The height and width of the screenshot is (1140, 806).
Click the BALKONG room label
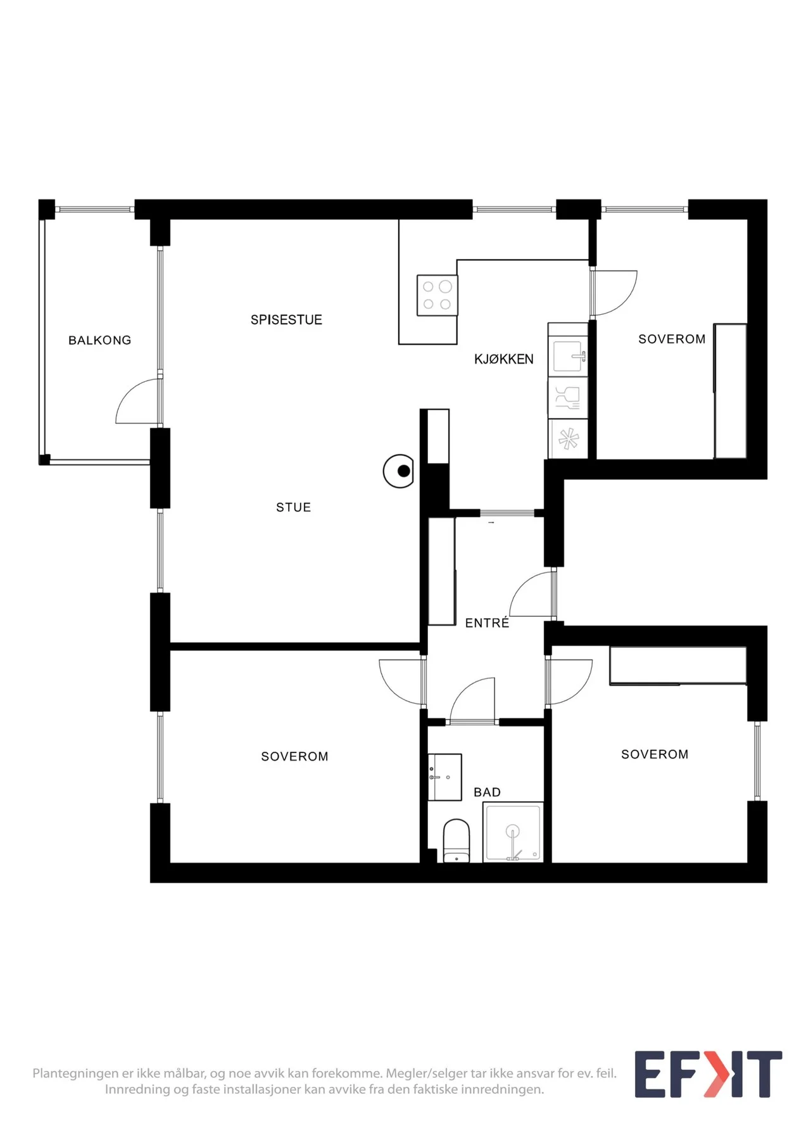point(100,340)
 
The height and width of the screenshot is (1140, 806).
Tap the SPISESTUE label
point(286,320)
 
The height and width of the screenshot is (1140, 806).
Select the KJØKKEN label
point(504,359)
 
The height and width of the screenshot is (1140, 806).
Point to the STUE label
point(294,507)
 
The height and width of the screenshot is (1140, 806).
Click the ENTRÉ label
point(487,623)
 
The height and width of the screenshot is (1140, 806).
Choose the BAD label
point(487,792)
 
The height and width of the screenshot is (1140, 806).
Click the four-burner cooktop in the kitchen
point(437,295)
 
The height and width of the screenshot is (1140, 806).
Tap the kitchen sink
point(568,356)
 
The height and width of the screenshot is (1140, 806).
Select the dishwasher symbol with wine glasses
point(568,398)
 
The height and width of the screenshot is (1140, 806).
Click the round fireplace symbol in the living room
point(399,471)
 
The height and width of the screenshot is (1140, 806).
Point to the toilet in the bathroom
point(457,840)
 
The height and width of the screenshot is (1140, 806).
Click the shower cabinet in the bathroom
point(513,832)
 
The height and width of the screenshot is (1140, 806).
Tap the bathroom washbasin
point(444,777)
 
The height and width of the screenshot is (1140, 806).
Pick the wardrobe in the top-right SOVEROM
point(730,391)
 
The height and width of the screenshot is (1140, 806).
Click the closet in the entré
point(442,571)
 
